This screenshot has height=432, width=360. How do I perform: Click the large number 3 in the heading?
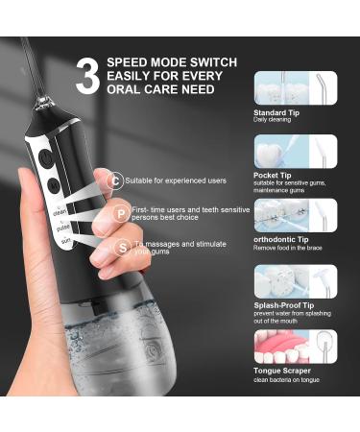pos(87,77)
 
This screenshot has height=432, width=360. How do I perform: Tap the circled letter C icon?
pos(116,180)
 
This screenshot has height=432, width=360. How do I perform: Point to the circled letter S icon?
pos(123,247)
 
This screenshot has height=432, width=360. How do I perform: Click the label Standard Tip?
pos(276,112)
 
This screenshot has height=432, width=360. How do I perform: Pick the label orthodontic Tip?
pos(279,240)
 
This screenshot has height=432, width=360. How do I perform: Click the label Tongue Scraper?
pos(280,371)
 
